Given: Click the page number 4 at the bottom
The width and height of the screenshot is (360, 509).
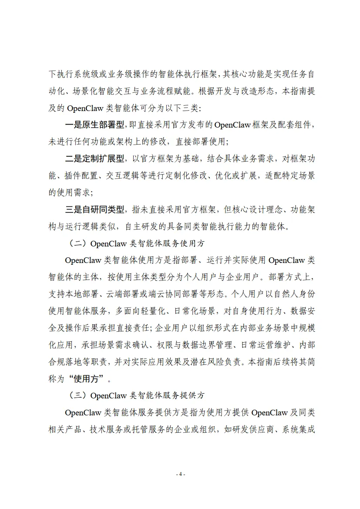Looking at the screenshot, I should (x=180, y=474).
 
